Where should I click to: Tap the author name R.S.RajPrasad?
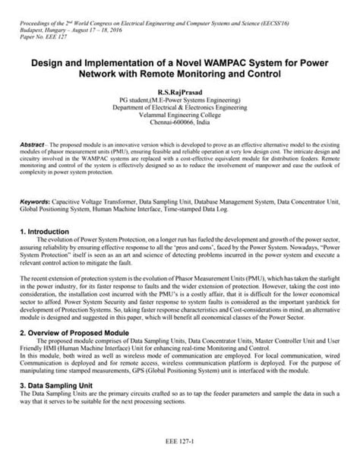[x=179, y=90]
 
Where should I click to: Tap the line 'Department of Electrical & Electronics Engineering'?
[x=179, y=107]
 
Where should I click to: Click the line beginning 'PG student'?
[x=179, y=99]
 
